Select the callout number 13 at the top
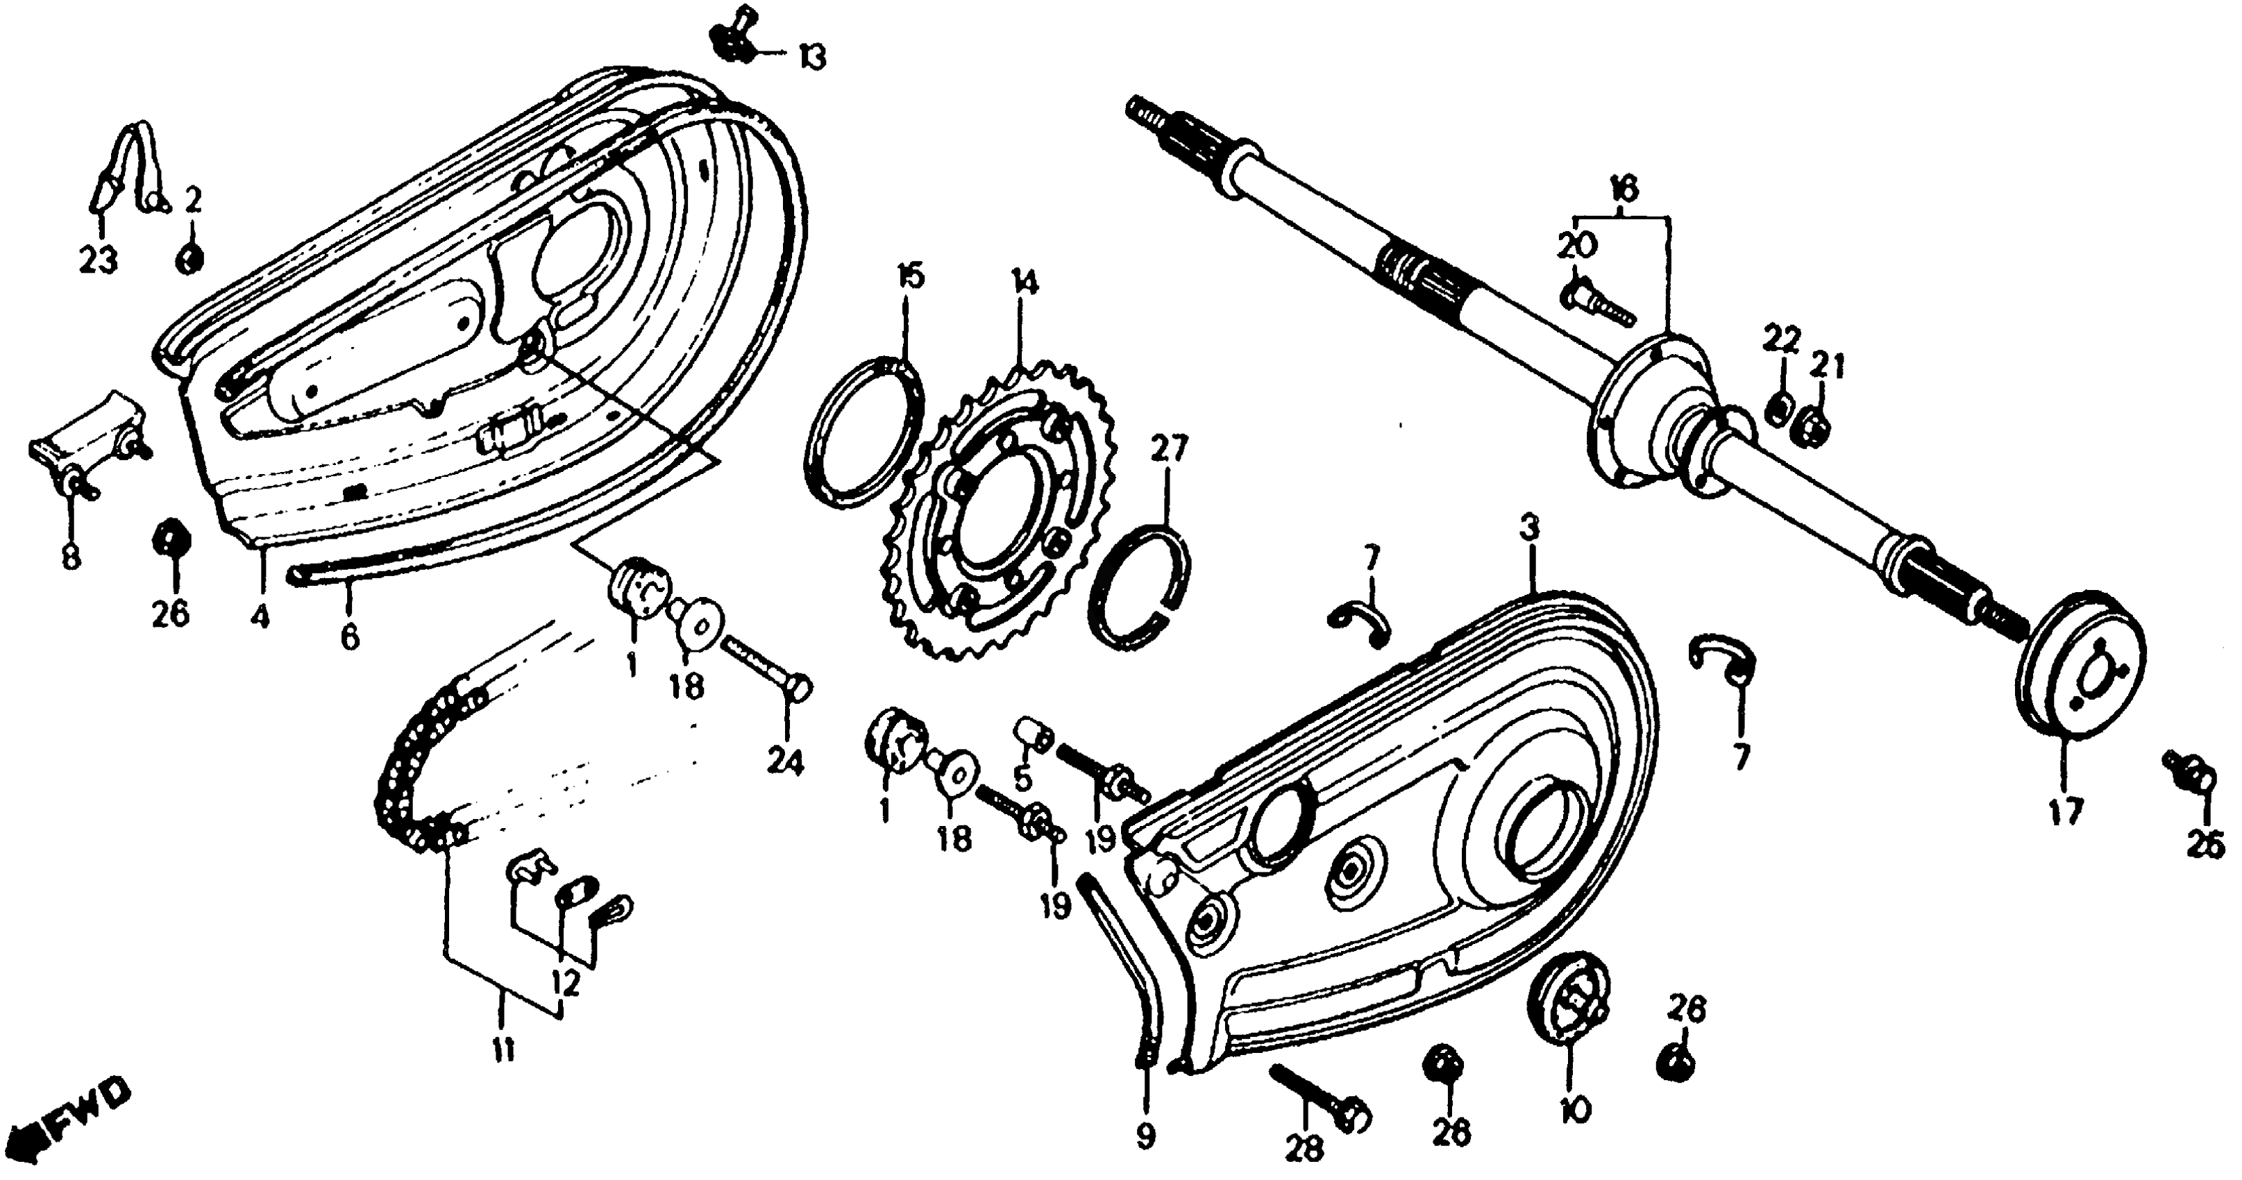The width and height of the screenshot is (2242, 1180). pyautogui.click(x=811, y=59)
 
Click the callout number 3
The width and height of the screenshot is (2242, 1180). pyautogui.click(x=1529, y=528)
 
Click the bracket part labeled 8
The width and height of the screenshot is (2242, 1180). pyautogui.click(x=83, y=453)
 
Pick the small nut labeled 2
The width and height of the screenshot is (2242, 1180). pyautogui.click(x=189, y=258)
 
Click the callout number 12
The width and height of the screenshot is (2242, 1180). pyautogui.click(x=566, y=984)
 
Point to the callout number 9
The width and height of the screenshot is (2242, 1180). pyautogui.click(x=1145, y=1136)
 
